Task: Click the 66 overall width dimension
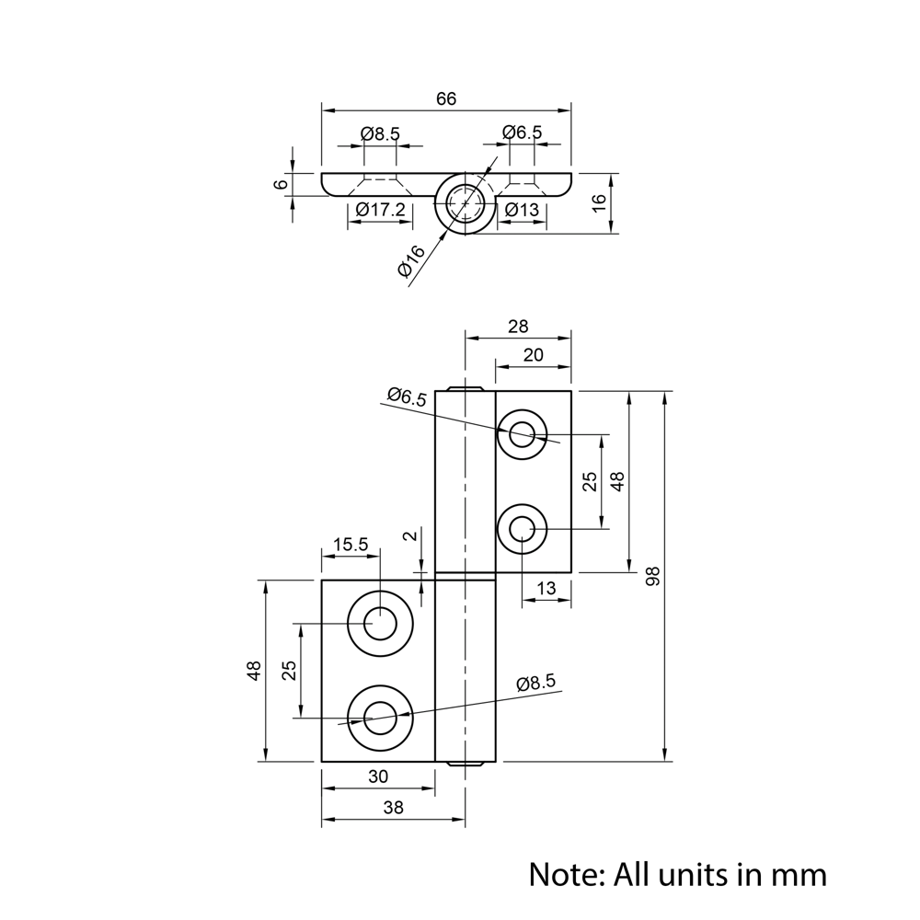click(x=446, y=98)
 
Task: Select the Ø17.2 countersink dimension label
click(x=380, y=210)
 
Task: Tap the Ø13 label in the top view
click(x=523, y=210)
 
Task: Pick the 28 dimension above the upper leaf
click(x=518, y=327)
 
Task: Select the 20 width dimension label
click(x=534, y=355)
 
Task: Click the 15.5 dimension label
click(x=350, y=544)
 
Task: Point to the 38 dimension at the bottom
click(x=393, y=808)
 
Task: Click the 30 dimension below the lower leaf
click(x=378, y=776)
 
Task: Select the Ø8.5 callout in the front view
click(x=536, y=683)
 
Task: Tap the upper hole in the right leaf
click(x=523, y=433)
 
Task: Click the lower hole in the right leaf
click(x=523, y=529)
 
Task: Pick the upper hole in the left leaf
click(x=380, y=624)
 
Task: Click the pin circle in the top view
click(x=465, y=201)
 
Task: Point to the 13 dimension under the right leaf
click(x=546, y=589)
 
